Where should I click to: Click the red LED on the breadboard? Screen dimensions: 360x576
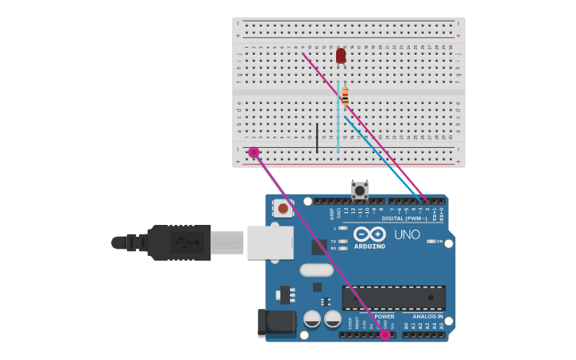[341, 56]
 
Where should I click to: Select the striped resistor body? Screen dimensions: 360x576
[345, 96]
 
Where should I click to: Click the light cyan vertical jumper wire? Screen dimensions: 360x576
[338, 119]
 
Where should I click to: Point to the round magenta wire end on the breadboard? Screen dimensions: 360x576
[253, 152]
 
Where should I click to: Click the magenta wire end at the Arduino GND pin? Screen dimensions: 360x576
[385, 335]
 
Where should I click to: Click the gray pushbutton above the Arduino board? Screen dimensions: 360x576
[360, 190]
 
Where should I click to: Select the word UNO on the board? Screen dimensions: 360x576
[407, 234]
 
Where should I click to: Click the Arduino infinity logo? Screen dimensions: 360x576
[370, 234]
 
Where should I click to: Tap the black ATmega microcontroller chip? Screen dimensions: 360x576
[393, 298]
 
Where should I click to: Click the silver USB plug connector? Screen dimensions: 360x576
[269, 242]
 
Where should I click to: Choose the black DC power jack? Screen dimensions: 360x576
[276, 323]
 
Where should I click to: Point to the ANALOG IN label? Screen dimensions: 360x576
[427, 316]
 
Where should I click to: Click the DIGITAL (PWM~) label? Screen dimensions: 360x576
[404, 218]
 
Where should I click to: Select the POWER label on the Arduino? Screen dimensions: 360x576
[385, 316]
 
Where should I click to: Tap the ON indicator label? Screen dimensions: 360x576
[437, 241]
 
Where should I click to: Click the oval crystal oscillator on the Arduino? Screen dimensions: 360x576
[316, 269]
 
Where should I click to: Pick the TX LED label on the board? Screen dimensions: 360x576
[333, 241]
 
